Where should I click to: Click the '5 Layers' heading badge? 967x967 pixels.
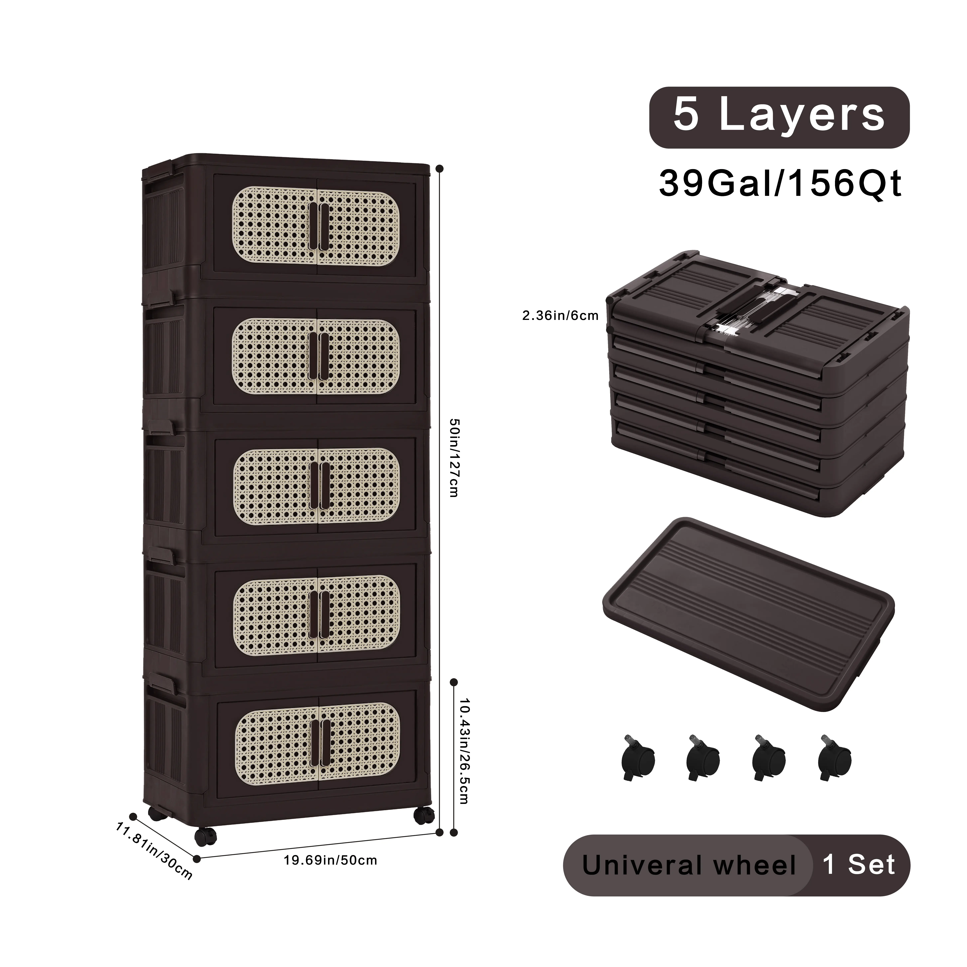779,118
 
